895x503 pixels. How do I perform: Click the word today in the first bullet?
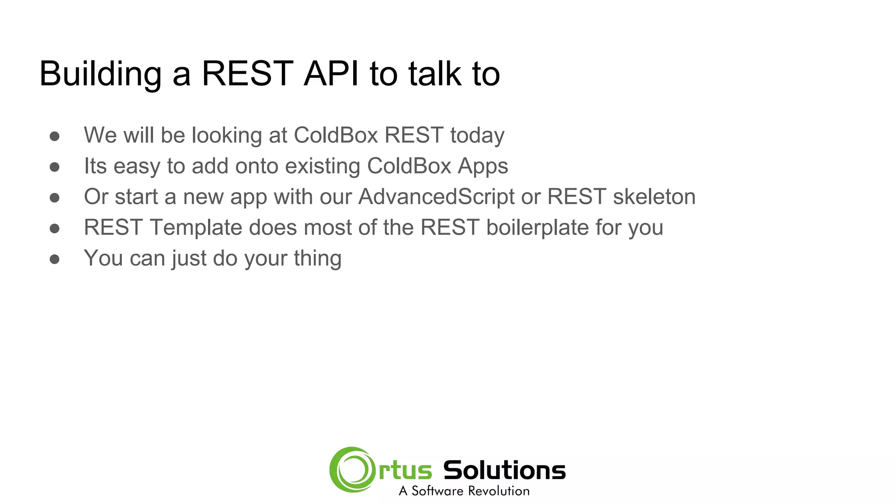point(477,135)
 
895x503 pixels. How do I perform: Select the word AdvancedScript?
point(436,197)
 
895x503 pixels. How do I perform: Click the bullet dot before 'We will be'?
point(55,136)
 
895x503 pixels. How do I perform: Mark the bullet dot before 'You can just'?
point(55,259)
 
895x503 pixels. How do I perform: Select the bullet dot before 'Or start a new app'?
point(55,198)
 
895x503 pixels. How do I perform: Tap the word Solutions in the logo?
point(504,470)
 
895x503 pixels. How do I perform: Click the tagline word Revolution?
point(499,491)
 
